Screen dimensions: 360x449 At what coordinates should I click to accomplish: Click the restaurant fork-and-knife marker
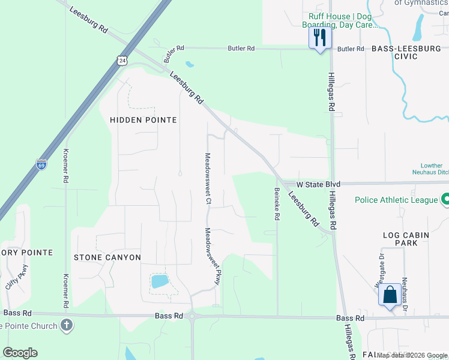point(319,38)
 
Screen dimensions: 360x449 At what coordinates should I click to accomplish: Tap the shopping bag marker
point(390,295)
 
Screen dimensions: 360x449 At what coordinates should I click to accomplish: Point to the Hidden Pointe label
point(143,120)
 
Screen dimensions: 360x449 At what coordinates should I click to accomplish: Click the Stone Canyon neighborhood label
point(107,257)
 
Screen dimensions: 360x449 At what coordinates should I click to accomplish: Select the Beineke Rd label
point(277,205)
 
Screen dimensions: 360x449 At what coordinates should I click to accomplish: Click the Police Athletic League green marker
point(446,199)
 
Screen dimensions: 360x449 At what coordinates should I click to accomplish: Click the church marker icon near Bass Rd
point(67,326)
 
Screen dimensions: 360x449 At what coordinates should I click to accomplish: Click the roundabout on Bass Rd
point(192,316)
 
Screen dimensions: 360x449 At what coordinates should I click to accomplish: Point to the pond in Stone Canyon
point(159,281)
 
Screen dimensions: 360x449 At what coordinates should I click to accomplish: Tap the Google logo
point(20,353)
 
